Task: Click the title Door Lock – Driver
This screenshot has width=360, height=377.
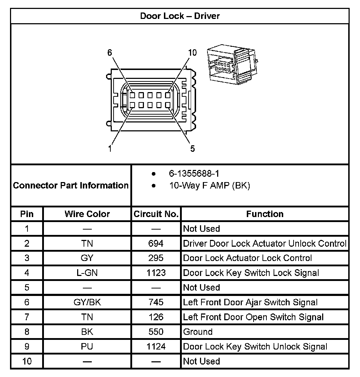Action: (180, 16)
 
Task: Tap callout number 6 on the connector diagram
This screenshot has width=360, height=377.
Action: (110, 53)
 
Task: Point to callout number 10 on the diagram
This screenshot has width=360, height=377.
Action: (192, 53)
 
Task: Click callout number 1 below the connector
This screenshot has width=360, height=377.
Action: (110, 149)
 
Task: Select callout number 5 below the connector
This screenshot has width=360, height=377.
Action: (192, 149)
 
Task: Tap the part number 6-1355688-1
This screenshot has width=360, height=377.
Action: (194, 174)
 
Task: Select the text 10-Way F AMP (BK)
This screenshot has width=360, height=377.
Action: (210, 186)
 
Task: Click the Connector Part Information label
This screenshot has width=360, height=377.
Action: (71, 186)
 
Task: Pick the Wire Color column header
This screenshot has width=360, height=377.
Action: (87, 214)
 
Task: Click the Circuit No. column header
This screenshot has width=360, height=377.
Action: (156, 214)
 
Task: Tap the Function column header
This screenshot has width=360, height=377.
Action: (265, 214)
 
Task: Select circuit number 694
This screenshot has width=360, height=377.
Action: (156, 243)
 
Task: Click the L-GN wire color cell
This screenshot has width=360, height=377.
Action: (87, 273)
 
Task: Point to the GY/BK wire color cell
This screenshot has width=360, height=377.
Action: (87, 302)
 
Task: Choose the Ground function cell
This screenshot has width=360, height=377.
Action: (198, 332)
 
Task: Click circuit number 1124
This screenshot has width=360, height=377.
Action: (156, 347)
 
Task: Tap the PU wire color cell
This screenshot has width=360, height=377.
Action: (87, 347)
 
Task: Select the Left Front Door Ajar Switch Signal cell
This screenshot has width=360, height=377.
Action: (250, 302)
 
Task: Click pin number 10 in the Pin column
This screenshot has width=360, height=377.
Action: (27, 361)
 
